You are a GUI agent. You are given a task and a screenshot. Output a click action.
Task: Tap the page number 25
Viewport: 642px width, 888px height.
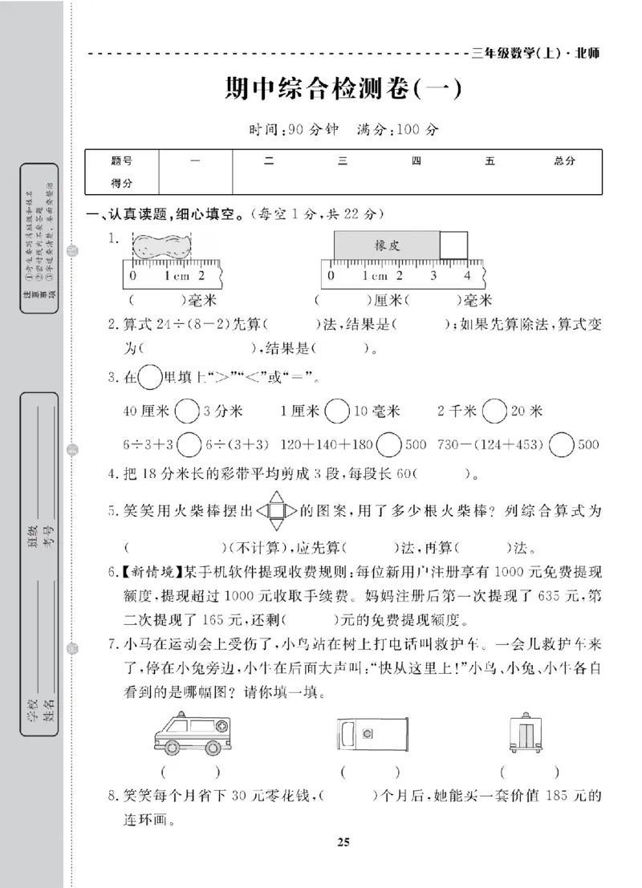[x=343, y=841]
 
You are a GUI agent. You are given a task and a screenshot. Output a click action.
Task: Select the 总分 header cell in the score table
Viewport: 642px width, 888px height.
[x=564, y=161]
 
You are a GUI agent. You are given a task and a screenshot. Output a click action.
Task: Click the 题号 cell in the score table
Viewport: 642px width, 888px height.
[x=121, y=161]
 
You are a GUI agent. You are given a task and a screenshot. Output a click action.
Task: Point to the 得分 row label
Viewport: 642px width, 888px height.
[x=121, y=184]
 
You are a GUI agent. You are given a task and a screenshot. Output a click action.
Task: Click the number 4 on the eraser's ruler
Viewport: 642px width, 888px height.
[x=467, y=275]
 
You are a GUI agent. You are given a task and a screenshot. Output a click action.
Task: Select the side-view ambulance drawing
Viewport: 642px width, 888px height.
[x=191, y=733]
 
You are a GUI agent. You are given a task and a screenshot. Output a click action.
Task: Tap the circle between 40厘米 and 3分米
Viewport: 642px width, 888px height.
[x=187, y=412]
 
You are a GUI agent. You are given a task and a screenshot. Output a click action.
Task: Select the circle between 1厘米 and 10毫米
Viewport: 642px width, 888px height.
[x=338, y=412]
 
